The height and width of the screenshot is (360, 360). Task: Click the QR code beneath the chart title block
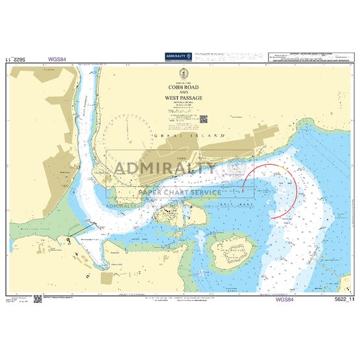(202, 118)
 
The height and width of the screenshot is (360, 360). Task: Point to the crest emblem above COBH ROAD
(180, 73)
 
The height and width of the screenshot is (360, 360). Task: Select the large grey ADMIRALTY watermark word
(165, 170)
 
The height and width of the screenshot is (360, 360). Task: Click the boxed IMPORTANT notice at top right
(305, 56)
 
